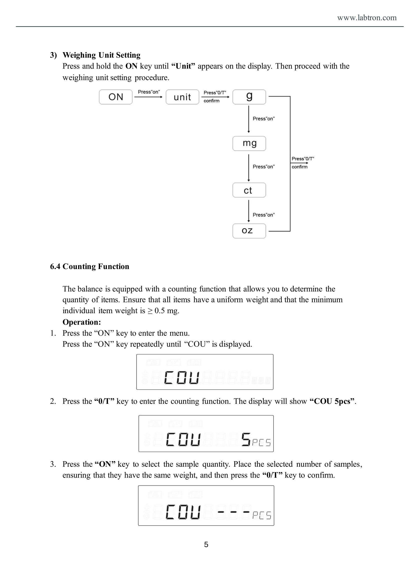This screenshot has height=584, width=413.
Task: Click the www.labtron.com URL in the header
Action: [367, 17]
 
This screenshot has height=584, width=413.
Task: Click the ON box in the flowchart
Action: [116, 97]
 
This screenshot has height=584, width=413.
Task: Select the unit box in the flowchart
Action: [182, 97]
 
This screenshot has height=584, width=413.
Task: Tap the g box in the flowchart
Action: [249, 97]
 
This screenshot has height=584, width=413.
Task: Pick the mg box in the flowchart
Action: [249, 144]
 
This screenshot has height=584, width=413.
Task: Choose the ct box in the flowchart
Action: [249, 190]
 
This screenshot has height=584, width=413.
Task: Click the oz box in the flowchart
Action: [249, 231]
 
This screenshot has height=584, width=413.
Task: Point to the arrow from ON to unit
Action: [148, 97]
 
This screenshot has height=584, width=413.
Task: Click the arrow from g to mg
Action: [249, 119]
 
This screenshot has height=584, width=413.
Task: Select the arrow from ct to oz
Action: [249, 211]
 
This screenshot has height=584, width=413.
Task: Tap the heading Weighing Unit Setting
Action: [102, 55]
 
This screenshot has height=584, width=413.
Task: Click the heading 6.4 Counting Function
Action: [90, 266]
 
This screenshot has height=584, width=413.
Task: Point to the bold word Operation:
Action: [82, 322]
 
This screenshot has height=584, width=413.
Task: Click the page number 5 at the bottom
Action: [206, 545]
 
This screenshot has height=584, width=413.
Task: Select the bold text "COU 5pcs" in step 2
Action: [332, 401]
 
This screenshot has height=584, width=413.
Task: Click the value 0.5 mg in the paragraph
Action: [167, 310]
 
